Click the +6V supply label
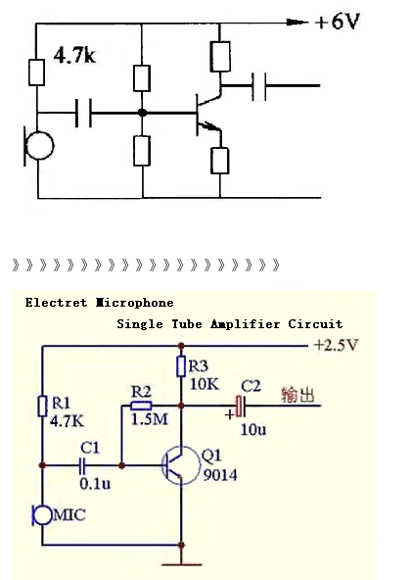click(x=337, y=22)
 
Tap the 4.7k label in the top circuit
click(x=74, y=56)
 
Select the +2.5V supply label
click(x=336, y=345)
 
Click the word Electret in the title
click(x=56, y=303)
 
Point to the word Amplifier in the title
click(x=245, y=324)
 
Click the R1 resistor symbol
click(x=42, y=406)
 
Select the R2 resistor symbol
click(x=141, y=406)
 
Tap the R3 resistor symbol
click(x=181, y=366)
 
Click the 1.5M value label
click(x=150, y=419)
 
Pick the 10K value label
click(x=205, y=384)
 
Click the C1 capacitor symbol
click(x=82, y=465)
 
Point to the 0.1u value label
click(x=95, y=483)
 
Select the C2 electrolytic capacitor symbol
click(x=240, y=406)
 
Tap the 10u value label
click(x=253, y=429)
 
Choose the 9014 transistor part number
click(x=220, y=475)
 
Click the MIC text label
click(x=69, y=514)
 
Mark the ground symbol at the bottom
click(x=181, y=564)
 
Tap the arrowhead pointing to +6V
click(x=297, y=23)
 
